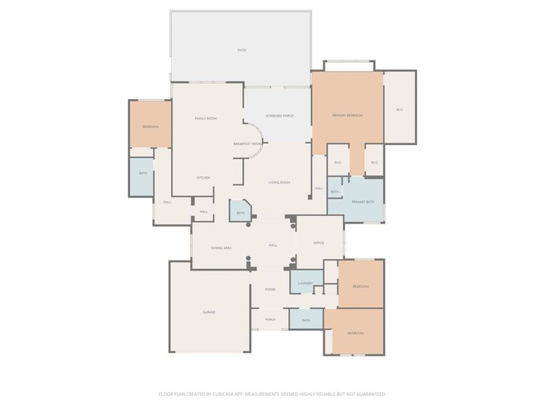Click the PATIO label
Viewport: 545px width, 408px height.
coord(241,50)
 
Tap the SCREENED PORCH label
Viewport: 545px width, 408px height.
coord(279,116)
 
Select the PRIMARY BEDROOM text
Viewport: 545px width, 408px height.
coord(347,116)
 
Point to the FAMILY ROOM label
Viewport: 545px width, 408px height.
coord(206,119)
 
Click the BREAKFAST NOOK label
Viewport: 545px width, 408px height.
coord(248,144)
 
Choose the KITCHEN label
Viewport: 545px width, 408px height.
coord(204,178)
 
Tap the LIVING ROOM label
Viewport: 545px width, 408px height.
coord(279,183)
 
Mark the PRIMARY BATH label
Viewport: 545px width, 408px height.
coord(363,202)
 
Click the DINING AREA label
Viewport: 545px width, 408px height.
coord(221,248)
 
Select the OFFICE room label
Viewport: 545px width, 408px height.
coord(319,243)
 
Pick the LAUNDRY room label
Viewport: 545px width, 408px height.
coord(305,283)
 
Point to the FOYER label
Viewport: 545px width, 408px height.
coord(269,290)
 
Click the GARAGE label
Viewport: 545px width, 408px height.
coord(209,312)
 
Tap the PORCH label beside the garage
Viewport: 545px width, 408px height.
coord(269,320)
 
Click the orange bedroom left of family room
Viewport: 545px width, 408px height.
coord(151,126)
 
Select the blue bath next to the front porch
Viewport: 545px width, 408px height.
coord(306,320)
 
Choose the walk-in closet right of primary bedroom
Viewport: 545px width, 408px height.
coord(399,110)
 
